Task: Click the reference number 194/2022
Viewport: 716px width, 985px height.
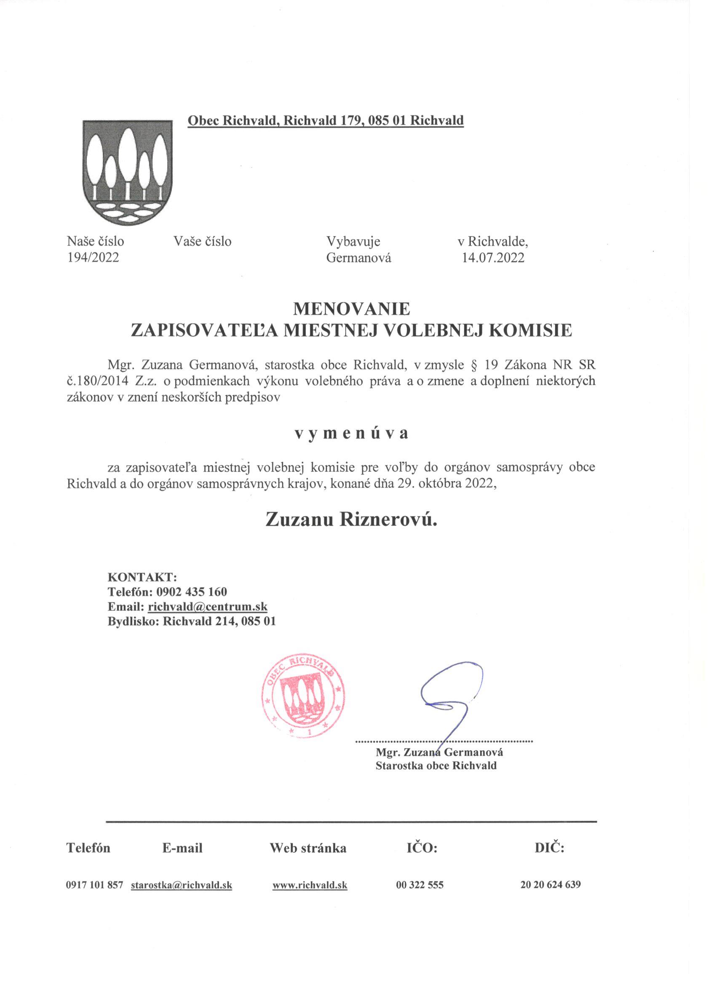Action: [x=93, y=257]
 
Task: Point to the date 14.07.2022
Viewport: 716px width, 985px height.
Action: [x=493, y=258]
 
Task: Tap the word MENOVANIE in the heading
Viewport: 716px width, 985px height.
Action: [x=352, y=309]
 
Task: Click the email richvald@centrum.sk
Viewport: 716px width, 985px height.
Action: [x=208, y=606]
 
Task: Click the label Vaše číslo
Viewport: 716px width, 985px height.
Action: [x=202, y=241]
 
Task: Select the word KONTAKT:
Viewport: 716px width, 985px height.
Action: [x=142, y=577]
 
